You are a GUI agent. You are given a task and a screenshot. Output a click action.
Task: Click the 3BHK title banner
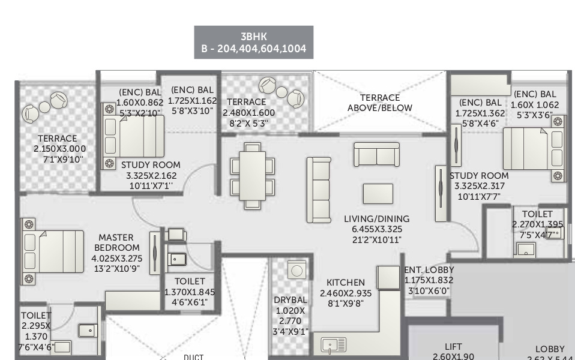(253, 42)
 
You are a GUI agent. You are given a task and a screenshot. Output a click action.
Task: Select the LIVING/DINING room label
(376, 218)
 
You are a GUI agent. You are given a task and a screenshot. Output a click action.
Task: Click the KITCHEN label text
(345, 282)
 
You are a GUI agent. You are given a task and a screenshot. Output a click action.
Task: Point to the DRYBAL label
(291, 300)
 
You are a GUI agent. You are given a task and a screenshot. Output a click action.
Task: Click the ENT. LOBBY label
(429, 270)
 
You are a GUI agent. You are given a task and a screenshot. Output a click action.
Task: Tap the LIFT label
(453, 346)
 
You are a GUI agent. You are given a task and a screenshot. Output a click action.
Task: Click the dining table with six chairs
(253, 175)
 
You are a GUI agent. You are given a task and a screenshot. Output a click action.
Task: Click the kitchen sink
(333, 345)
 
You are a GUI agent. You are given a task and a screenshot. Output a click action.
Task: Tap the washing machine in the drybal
(297, 270)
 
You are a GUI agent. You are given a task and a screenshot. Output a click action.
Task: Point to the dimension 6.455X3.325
(376, 229)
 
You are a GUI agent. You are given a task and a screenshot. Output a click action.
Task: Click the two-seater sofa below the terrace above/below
(376, 154)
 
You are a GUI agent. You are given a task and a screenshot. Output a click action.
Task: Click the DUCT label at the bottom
(193, 357)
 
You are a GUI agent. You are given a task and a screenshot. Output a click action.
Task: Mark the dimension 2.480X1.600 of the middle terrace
(248, 113)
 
